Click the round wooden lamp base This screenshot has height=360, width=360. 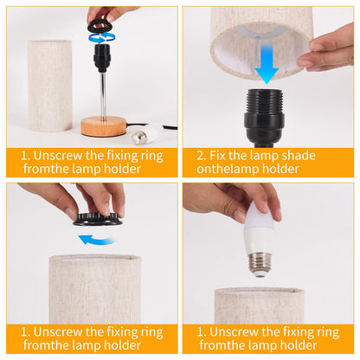click(x=104, y=126)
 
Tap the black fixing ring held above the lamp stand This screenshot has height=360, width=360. click(x=100, y=26)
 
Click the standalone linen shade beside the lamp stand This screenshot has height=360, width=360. click(x=49, y=86)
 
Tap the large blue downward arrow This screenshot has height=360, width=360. click(x=267, y=62)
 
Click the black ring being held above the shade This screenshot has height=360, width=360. click(x=98, y=219)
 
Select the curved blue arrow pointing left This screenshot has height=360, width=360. click(x=97, y=240)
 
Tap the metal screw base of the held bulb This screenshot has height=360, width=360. click(x=260, y=264)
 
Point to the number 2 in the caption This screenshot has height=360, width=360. click(x=200, y=156)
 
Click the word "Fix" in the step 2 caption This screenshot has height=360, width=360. click(x=217, y=156)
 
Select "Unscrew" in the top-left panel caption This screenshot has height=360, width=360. click(x=58, y=156)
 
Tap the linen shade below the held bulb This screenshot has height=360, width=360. click(x=259, y=305)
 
